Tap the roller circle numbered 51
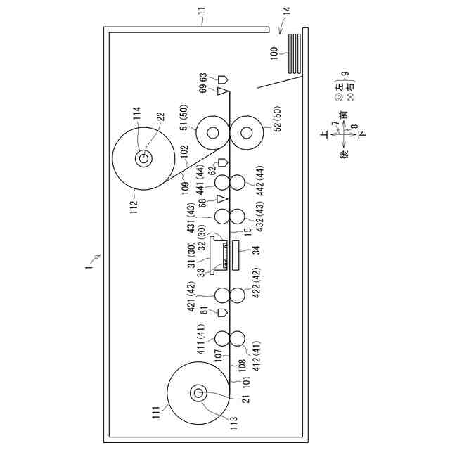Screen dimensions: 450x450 point(211,132)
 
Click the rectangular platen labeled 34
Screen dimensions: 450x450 point(236,257)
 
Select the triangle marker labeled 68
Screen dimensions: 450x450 point(222,200)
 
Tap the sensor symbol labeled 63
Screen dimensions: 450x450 point(222,78)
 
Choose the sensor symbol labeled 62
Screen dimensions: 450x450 point(222,163)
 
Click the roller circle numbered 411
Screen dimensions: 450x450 point(222,338)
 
